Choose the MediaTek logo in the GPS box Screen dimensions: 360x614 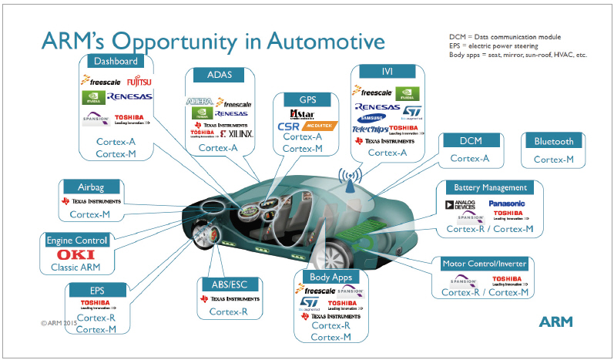(323, 126)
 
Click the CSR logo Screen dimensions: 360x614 (289, 126)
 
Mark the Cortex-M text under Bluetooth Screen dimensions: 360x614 (553, 159)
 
